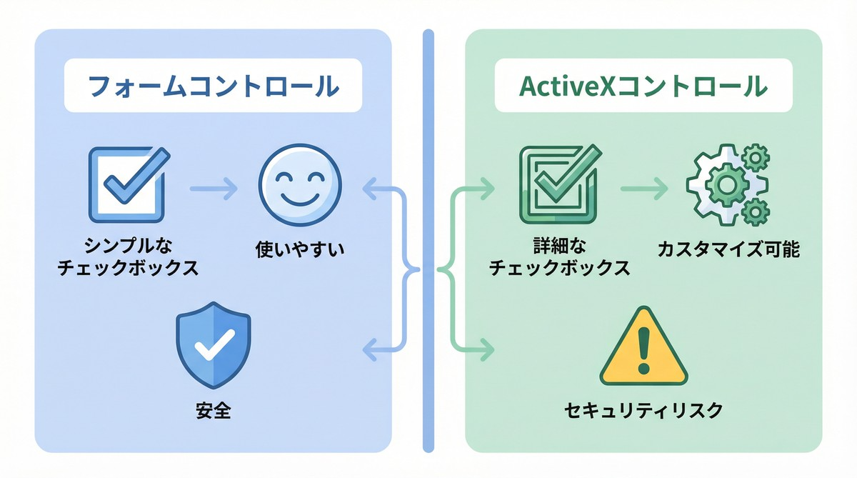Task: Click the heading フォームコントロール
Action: [x=212, y=86]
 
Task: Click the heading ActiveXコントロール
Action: [x=643, y=86]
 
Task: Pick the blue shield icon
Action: [x=212, y=344]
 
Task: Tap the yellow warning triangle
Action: [x=643, y=348]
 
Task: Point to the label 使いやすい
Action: [x=300, y=250]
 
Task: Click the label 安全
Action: [x=213, y=412]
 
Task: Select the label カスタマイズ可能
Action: [x=728, y=250]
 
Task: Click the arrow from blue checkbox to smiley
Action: [x=214, y=190]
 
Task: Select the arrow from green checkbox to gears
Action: [x=643, y=189]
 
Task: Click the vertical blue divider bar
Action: [x=428, y=240]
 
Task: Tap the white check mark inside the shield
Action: [x=212, y=347]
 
